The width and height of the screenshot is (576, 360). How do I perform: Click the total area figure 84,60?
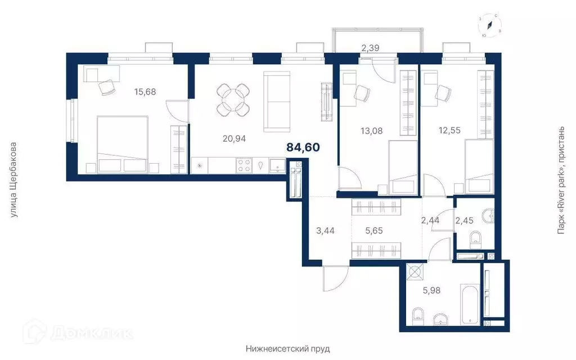pyautogui.click(x=303, y=147)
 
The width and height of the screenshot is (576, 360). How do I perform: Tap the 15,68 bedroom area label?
pyautogui.click(x=145, y=92)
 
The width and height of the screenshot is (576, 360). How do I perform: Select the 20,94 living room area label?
pyautogui.click(x=234, y=138)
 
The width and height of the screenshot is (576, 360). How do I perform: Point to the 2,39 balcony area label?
pyautogui.click(x=370, y=47)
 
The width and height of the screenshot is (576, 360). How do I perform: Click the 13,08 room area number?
pyautogui.click(x=372, y=130)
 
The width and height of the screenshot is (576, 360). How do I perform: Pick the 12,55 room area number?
pyautogui.click(x=449, y=130)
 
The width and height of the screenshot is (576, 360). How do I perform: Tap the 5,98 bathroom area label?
pyautogui.click(x=431, y=290)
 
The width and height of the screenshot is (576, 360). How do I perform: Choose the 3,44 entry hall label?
pyautogui.click(x=326, y=231)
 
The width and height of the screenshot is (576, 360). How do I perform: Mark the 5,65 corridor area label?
pyautogui.click(x=374, y=231)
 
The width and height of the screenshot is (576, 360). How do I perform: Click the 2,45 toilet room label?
pyautogui.click(x=464, y=220)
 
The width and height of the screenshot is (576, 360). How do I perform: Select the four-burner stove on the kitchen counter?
pyautogui.click(x=244, y=165)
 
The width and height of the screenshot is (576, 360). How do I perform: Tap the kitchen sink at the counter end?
pyautogui.click(x=277, y=165)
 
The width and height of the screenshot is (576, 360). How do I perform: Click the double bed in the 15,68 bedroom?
pyautogui.click(x=122, y=145)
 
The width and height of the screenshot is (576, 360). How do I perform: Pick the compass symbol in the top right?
pyautogui.click(x=490, y=25)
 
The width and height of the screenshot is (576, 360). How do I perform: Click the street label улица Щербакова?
pyautogui.click(x=14, y=180)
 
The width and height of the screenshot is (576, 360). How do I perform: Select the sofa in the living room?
pyautogui.click(x=277, y=102)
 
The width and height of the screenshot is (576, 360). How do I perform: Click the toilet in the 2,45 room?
pyautogui.click(x=475, y=238)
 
